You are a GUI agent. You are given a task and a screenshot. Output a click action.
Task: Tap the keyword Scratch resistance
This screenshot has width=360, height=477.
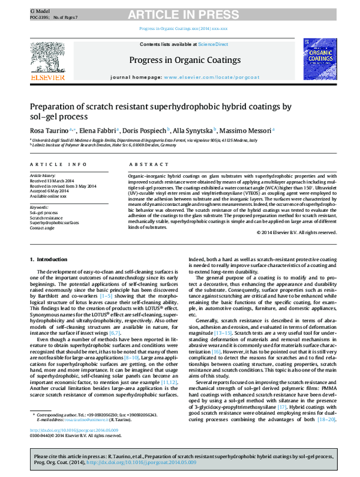[x=47, y=217]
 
